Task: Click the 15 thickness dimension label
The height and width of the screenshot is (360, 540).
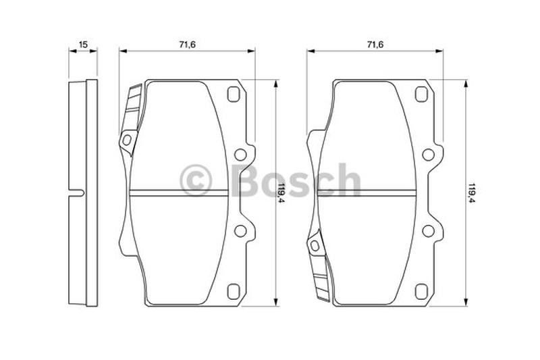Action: pos(83,45)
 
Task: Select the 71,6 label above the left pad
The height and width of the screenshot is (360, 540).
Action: pos(188,45)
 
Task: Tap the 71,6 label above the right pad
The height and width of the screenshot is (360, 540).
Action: pos(375,45)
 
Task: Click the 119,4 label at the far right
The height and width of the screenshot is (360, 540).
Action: pos(471,193)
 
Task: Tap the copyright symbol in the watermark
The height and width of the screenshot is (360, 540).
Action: pos(196,180)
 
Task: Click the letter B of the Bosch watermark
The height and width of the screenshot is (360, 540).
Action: pos(251,180)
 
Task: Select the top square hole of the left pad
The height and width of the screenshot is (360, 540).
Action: pos(234,95)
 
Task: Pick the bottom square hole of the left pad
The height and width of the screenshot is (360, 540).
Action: pos(234,292)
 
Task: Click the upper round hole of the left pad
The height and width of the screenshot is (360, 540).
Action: pos(240,155)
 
